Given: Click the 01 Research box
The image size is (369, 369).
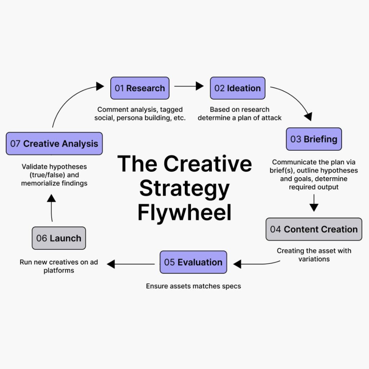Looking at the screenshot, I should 139,88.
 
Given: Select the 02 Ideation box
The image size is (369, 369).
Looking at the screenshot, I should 237,88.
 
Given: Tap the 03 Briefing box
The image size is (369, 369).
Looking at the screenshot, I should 314,139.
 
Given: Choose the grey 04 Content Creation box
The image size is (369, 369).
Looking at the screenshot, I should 314,229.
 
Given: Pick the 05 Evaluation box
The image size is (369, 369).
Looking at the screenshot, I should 193,262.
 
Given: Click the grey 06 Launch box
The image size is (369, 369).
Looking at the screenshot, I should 59,238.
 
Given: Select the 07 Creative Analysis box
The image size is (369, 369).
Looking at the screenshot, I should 54,143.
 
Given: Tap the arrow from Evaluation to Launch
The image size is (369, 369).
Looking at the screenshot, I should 132,264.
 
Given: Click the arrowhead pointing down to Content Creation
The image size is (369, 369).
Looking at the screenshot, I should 314,207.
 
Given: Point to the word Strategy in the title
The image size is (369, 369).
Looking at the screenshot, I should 184,188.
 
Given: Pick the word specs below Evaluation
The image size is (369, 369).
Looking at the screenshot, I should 231,286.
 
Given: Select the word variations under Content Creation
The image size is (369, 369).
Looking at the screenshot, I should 314,259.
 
